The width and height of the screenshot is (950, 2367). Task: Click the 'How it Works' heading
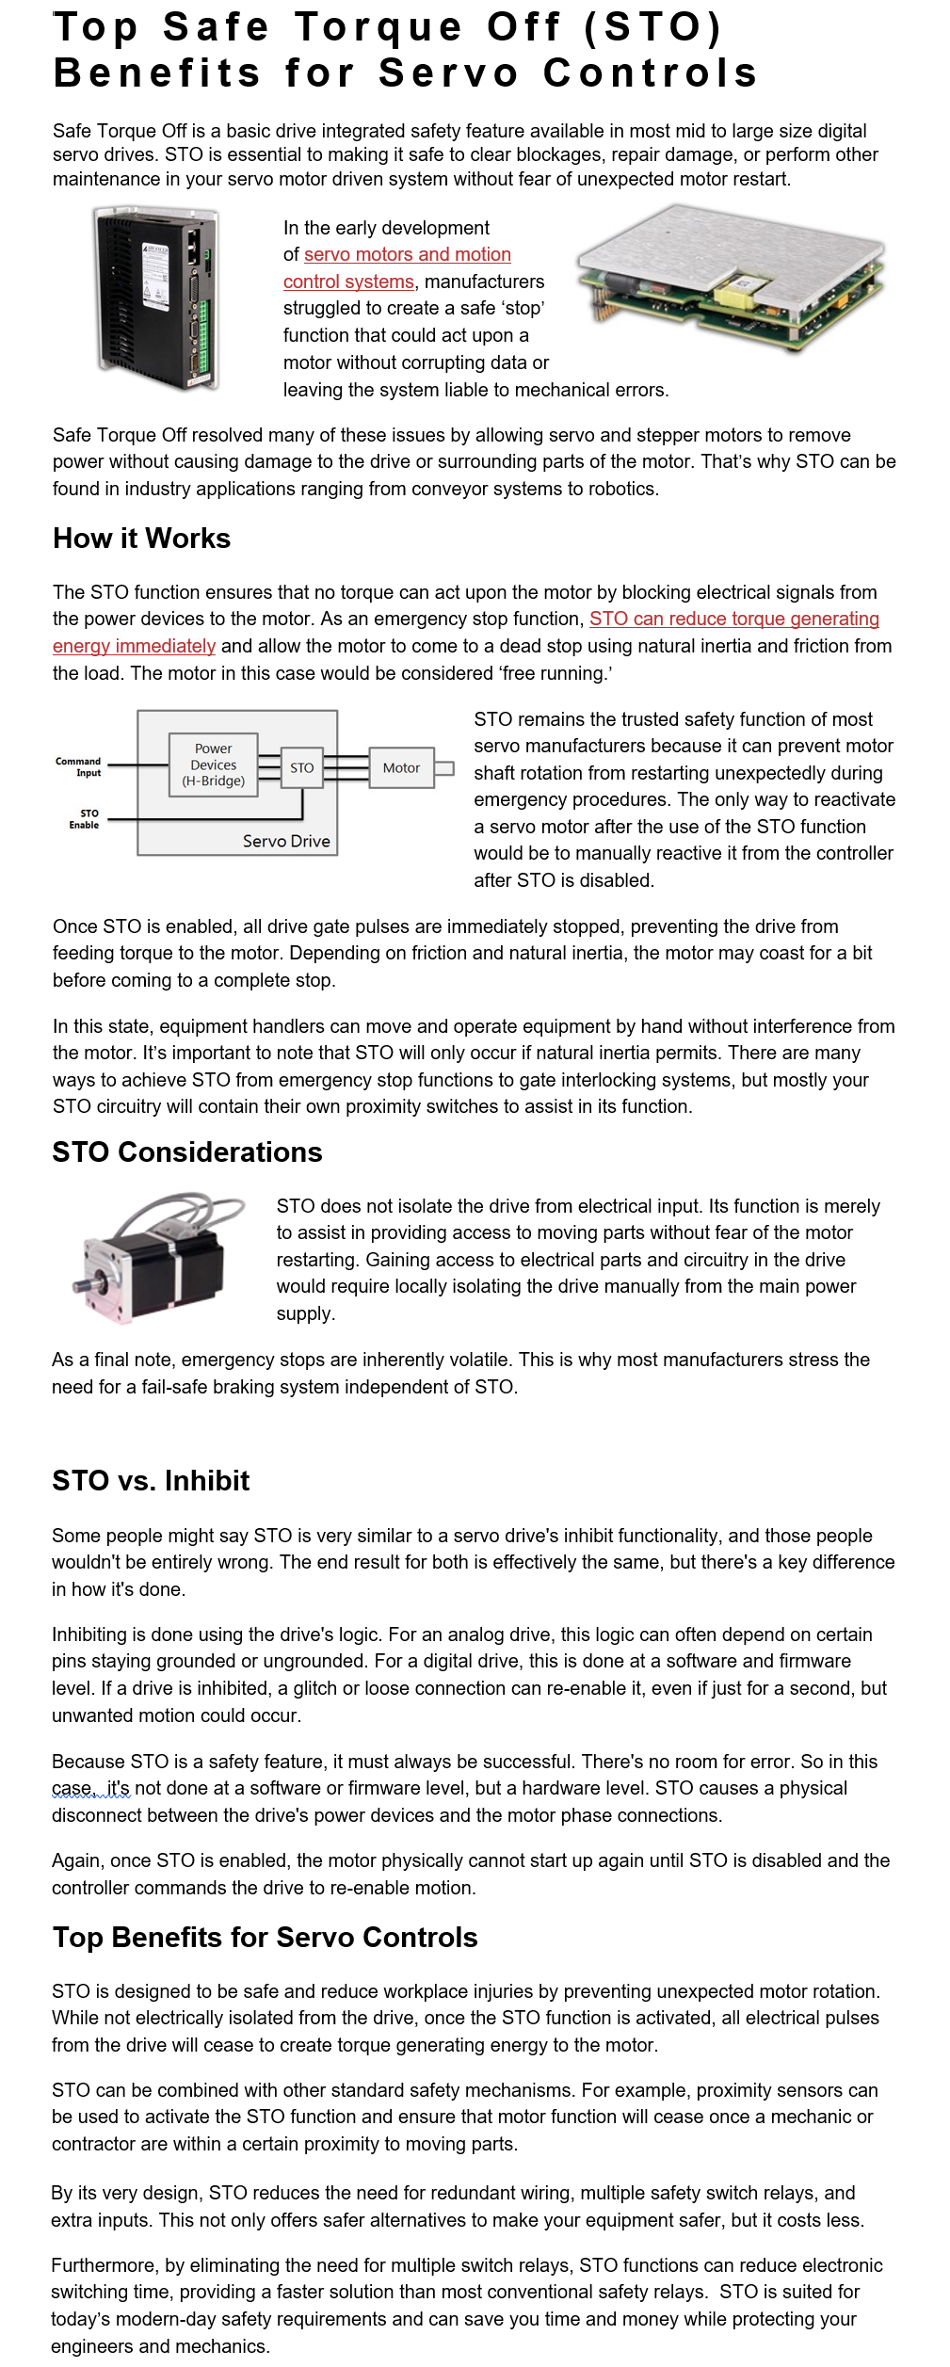point(141,539)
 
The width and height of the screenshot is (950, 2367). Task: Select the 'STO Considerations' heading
point(186,1152)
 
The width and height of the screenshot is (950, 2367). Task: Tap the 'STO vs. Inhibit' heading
point(151,1481)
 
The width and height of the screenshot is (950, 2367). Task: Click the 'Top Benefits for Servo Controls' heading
point(265,1938)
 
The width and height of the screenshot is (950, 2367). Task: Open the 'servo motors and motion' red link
point(407,254)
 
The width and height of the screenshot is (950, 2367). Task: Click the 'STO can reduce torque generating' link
point(733,619)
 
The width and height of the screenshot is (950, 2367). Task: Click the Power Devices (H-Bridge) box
point(213,765)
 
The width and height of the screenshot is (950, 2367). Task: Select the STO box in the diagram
point(301,767)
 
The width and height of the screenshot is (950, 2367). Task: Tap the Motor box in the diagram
point(401,767)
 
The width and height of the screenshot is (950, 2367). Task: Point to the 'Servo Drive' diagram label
point(286,841)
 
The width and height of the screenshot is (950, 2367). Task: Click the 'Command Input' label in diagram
point(79,766)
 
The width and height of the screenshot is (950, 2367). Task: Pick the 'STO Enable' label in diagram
point(85,819)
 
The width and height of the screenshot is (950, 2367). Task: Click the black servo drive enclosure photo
point(157,298)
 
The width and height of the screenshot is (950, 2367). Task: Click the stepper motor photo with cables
point(157,1259)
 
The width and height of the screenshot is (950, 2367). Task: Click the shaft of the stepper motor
point(84,1283)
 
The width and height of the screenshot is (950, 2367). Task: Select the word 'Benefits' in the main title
point(156,73)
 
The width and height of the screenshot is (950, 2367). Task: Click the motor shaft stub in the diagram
point(444,768)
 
